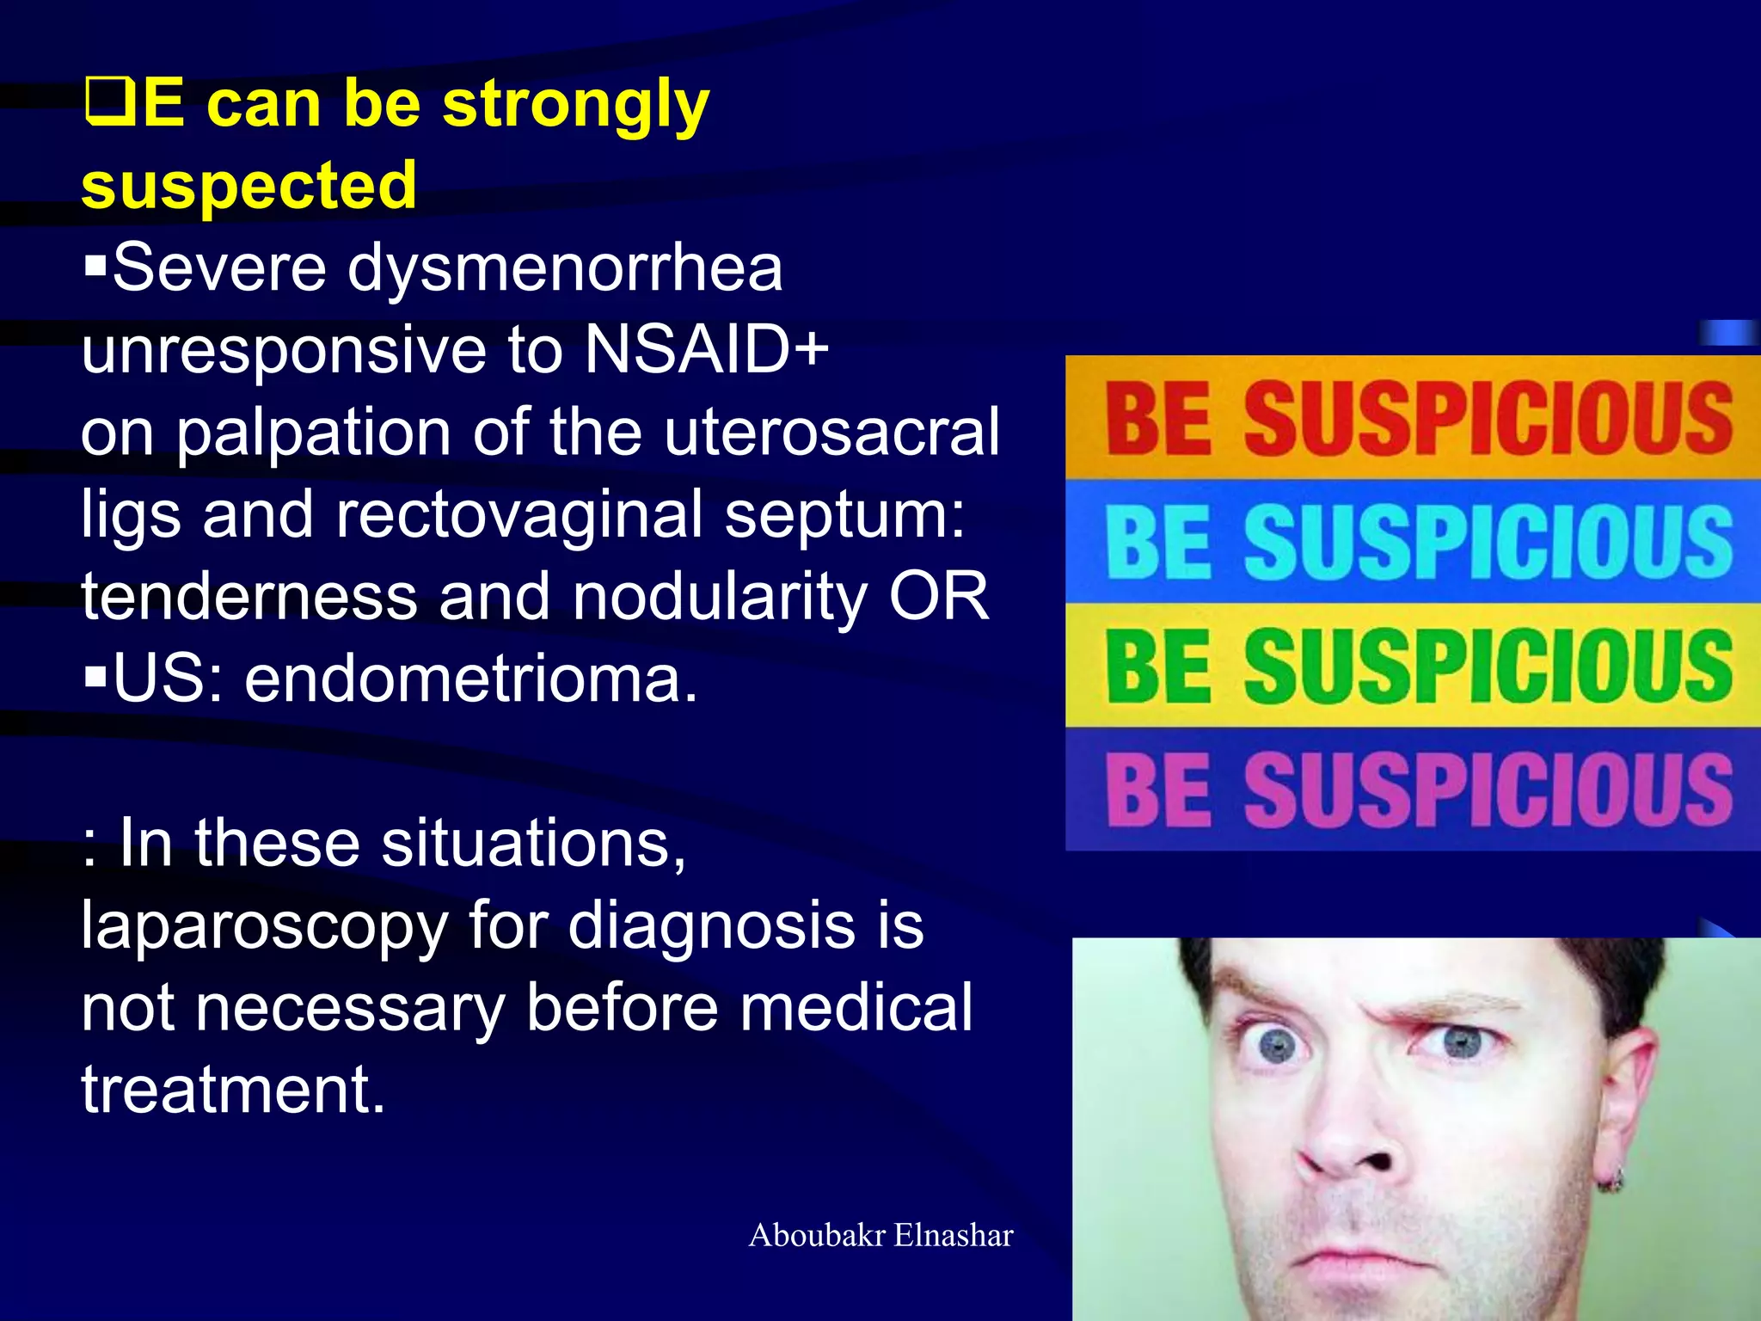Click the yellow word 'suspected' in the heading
pos(249,185)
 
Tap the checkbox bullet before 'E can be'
pos(110,101)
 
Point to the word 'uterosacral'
pos(831,432)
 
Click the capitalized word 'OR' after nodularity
pos(939,596)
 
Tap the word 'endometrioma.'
pos(471,679)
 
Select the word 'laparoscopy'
pos(264,926)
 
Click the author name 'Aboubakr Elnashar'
pos(880,1235)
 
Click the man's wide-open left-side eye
pos(1279,1045)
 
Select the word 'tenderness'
pos(249,596)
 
